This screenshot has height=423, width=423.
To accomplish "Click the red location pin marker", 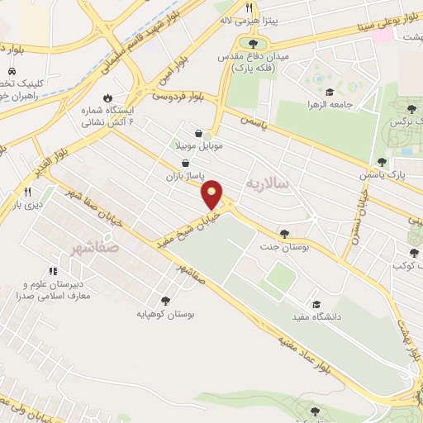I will (x=212, y=195).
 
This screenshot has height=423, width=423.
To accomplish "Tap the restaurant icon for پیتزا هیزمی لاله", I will (x=248, y=7).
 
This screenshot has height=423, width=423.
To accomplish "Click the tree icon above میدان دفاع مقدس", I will (x=253, y=44).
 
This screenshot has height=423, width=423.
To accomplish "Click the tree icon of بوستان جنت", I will (x=284, y=235).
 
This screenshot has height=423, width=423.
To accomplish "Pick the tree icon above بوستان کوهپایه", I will (x=165, y=302).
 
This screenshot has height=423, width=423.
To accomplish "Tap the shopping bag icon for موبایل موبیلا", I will (x=198, y=132).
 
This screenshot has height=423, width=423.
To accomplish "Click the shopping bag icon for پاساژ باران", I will (x=194, y=164).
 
